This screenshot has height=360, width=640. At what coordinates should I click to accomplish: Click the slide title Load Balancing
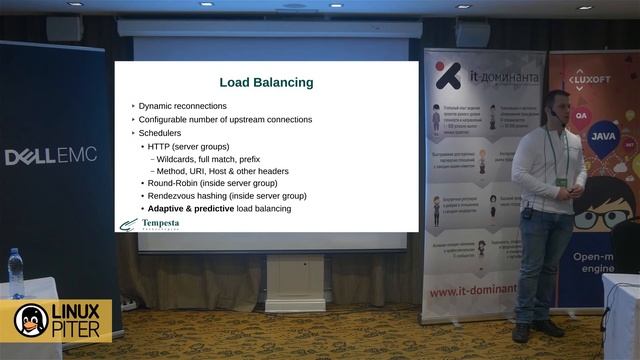pyautogui.click(x=266, y=82)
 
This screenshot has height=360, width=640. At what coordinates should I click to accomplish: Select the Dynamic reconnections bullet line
pyautogui.click(x=182, y=106)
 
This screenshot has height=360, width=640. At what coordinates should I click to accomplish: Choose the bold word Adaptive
pyautogui.click(x=168, y=209)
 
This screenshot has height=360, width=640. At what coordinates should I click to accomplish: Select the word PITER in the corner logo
pyautogui.click(x=79, y=331)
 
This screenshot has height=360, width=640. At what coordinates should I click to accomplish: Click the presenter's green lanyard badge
pyautogui.click(x=561, y=183)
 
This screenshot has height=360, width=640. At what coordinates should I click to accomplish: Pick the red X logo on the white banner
pyautogui.click(x=447, y=76)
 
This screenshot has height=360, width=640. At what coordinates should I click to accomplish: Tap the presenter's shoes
pyautogui.click(x=535, y=329)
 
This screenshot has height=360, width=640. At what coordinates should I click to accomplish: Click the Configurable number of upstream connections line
pyautogui.click(x=225, y=119)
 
